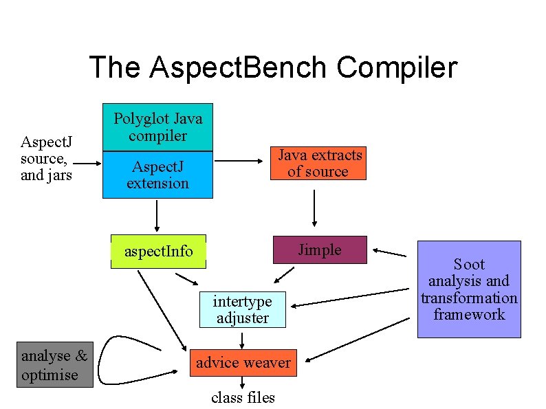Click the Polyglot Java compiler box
coord(157,126)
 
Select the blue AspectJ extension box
coord(157,175)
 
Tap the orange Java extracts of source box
coord(318,164)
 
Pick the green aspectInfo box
coord(159,252)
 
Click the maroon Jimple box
coord(320,250)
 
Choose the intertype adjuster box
coord(242,309)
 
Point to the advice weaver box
coord(243,362)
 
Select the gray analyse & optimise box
coord(54,366)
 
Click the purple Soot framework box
coord(469,289)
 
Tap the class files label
coord(243,397)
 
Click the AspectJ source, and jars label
coord(47,158)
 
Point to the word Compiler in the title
coord(397,67)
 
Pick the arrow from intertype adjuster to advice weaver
coord(243,340)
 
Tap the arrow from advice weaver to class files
coord(243,383)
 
